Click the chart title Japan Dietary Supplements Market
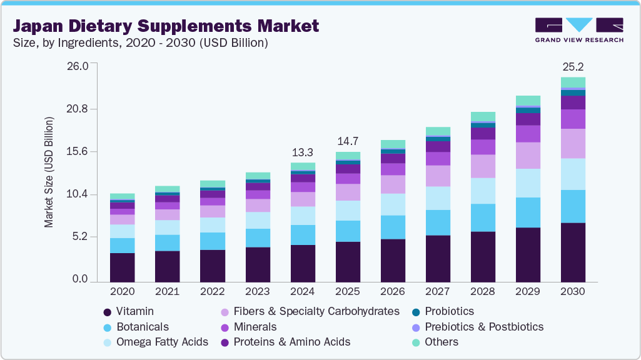coord(166,26)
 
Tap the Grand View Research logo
coord(578,30)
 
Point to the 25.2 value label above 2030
coord(573,67)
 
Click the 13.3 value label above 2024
coord(302,152)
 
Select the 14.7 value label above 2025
coord(348,141)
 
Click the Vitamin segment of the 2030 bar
coord(573,252)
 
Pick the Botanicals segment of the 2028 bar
coord(483,217)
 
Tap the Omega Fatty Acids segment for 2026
coord(393,204)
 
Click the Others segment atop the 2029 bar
coord(528,101)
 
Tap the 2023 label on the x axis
coord(258,292)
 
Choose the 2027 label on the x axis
coord(438,292)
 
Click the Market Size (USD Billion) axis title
coord(49,172)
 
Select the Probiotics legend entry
coord(449,311)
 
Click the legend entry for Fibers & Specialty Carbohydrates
coord(316,311)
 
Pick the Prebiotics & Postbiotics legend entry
coord(483,327)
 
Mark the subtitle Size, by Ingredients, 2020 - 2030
coord(141,43)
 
